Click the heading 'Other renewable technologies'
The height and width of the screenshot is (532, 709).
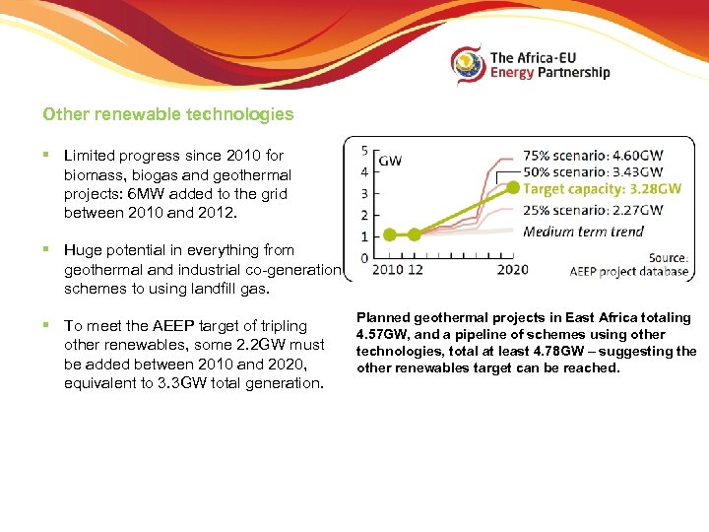tap(167, 114)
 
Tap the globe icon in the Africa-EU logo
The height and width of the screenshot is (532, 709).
tap(468, 65)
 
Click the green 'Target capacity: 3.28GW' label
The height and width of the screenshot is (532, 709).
tap(602, 189)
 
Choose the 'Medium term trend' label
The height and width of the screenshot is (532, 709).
tap(583, 232)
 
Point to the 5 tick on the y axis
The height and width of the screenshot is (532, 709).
tap(364, 151)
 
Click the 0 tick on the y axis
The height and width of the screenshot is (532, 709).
tap(364, 258)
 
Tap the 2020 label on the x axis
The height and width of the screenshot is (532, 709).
tap(512, 270)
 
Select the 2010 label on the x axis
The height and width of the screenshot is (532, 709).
tap(385, 270)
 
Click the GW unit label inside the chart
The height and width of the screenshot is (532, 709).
tap(390, 161)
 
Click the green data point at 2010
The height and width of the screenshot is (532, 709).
tap(389, 234)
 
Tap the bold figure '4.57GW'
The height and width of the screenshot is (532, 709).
tap(382, 335)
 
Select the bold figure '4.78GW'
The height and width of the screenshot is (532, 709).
tap(557, 352)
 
